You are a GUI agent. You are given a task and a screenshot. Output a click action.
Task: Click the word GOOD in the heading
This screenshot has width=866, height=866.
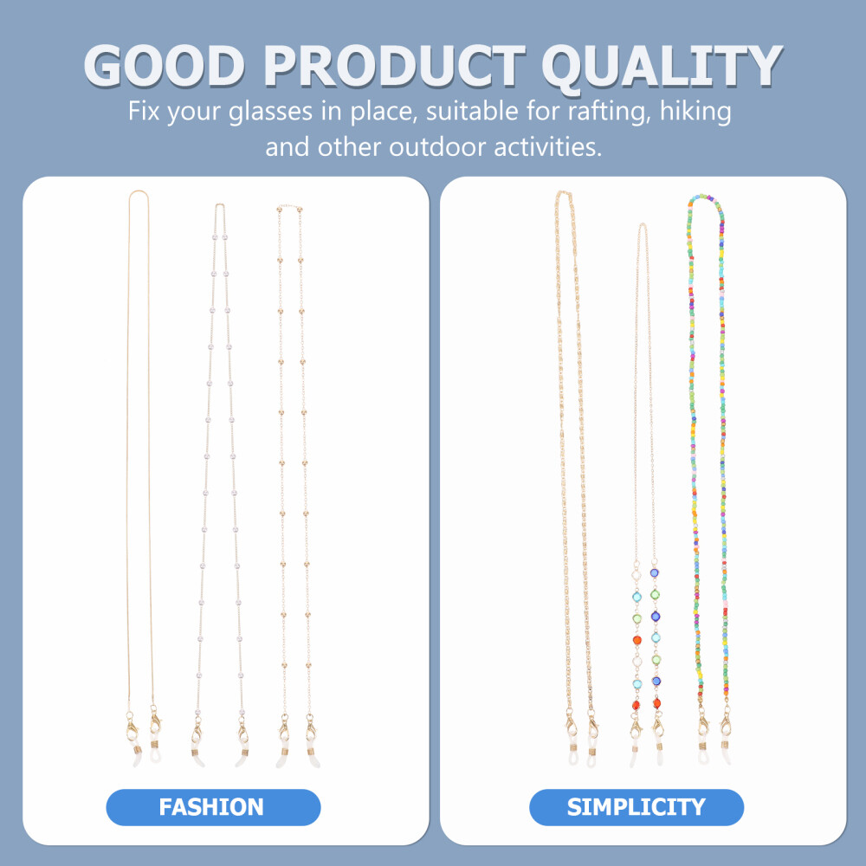[x=164, y=66]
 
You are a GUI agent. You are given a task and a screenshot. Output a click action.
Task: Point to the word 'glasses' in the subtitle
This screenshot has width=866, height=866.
[x=270, y=112]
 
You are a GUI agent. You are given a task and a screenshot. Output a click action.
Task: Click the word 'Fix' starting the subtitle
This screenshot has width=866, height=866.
[x=144, y=111]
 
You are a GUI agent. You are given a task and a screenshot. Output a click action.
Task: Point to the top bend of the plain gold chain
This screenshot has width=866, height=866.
[x=138, y=192]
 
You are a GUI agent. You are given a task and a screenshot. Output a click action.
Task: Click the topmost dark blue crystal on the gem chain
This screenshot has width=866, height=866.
[x=655, y=572]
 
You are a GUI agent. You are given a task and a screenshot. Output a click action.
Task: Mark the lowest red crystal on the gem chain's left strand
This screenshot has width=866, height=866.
[x=636, y=706]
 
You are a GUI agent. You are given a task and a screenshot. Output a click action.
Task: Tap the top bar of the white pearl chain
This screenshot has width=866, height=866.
[x=220, y=205]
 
